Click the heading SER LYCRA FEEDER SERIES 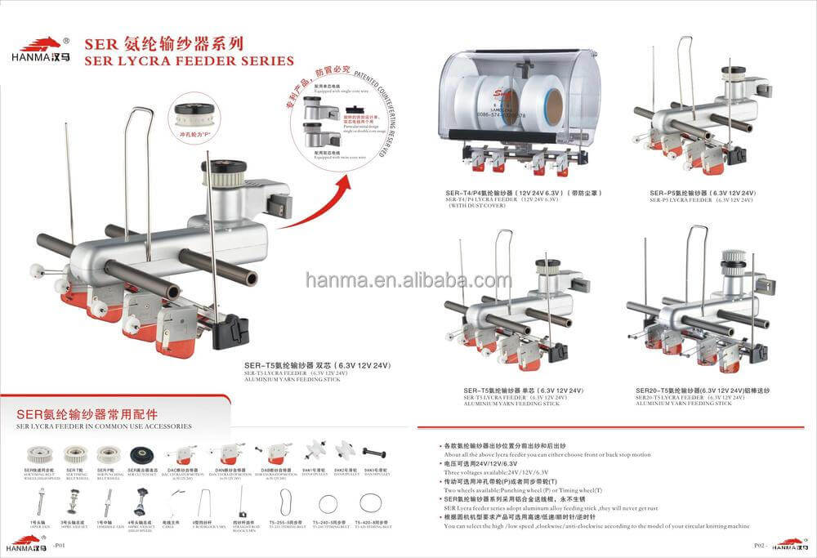[189, 60]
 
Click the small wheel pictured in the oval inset [198, 114]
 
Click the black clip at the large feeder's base [230, 328]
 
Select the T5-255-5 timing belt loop [284, 500]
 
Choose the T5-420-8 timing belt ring [370, 502]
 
